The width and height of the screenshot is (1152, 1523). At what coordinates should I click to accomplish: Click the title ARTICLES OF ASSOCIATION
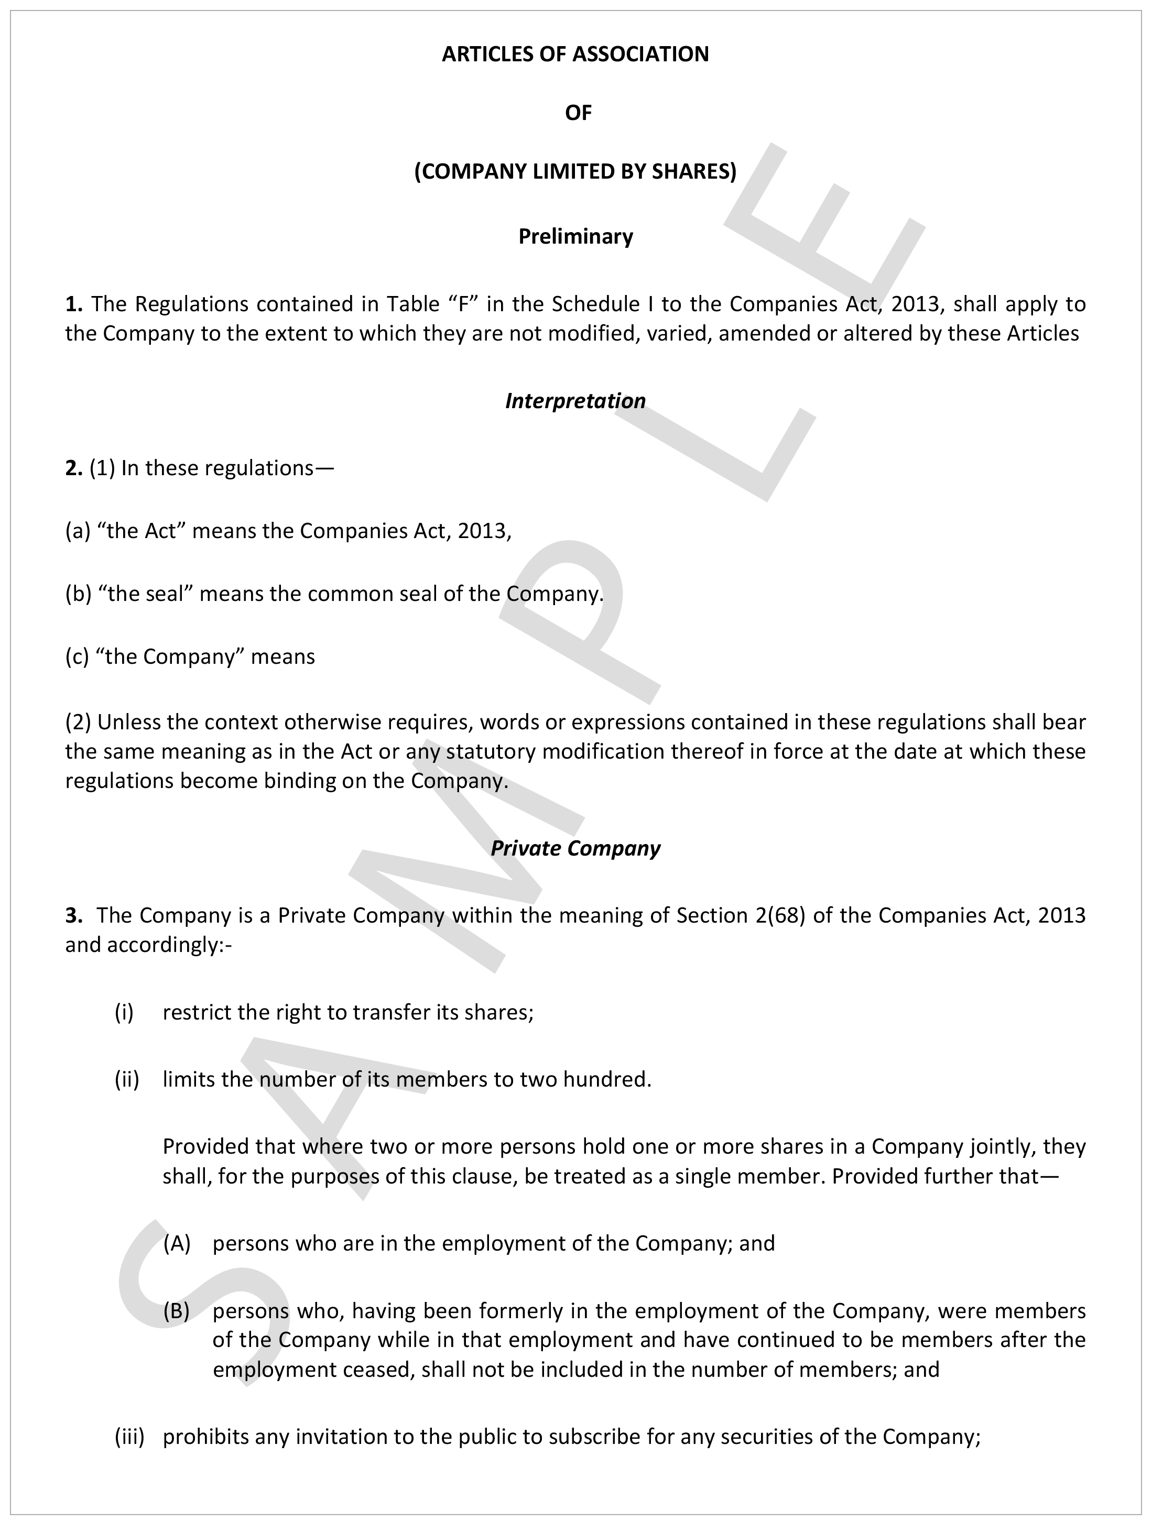click(575, 54)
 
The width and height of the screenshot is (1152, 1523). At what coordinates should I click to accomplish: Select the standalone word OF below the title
click(578, 113)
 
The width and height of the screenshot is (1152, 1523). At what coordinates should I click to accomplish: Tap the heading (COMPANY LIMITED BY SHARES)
click(575, 171)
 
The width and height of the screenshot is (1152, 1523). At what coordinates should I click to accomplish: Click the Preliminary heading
click(575, 237)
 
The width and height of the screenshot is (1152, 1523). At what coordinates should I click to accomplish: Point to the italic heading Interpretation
click(575, 401)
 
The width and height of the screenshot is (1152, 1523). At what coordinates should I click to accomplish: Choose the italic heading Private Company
click(575, 848)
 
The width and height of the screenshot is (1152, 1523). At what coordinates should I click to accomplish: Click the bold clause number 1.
click(74, 304)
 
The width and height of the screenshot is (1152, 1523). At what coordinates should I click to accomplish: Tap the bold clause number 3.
click(74, 915)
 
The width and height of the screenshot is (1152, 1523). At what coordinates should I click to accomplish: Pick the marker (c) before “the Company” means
click(77, 657)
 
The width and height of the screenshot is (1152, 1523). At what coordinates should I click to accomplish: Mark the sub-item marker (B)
click(176, 1310)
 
